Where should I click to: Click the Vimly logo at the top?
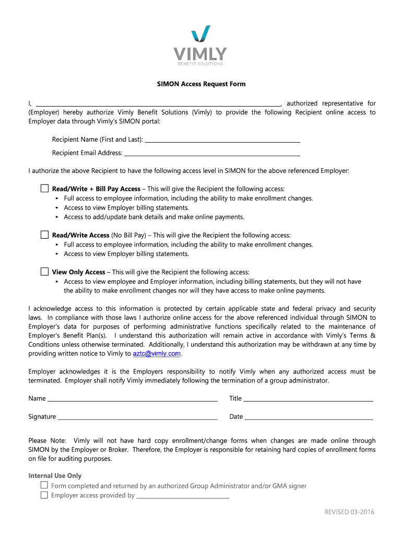click(200, 46)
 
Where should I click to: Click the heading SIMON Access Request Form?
click(202, 84)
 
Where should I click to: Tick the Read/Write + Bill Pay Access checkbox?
click(44, 188)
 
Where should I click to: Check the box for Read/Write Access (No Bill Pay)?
click(44, 235)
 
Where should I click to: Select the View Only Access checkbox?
click(44, 272)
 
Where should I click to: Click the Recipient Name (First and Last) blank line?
click(222, 140)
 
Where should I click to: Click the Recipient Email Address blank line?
click(211, 154)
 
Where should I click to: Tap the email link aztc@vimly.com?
click(157, 354)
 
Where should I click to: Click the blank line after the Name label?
click(132, 400)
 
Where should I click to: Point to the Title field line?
click(308, 400)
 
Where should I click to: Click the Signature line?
click(137, 417)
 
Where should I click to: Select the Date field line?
click(309, 417)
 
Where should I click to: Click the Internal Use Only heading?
click(55, 476)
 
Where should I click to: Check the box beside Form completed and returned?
click(44, 485)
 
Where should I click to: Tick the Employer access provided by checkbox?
click(44, 495)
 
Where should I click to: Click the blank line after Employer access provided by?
click(183, 496)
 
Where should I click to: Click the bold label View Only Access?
click(79, 272)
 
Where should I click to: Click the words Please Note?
click(47, 441)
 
